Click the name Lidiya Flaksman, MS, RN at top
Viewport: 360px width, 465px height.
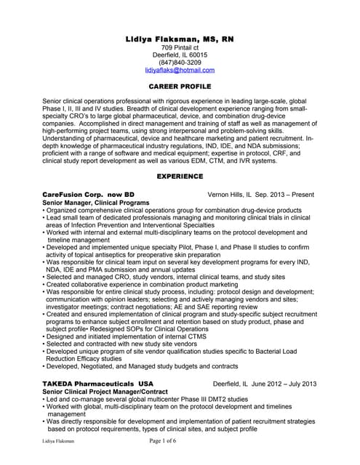[x=180, y=38]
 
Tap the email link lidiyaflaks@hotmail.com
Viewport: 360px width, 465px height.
[x=180, y=70]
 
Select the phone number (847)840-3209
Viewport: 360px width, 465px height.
[x=180, y=62]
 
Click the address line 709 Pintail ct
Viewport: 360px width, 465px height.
[x=180, y=47]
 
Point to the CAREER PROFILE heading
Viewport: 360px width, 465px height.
[x=180, y=86]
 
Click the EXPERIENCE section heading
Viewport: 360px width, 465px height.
[x=180, y=177]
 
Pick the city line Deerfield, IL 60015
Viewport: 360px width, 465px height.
[x=180, y=55]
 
